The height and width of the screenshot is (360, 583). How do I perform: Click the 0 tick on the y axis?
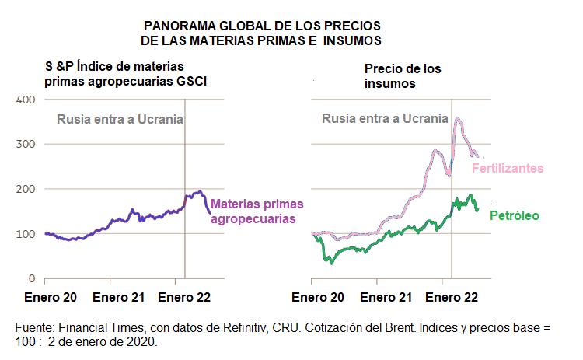click(x=32, y=278)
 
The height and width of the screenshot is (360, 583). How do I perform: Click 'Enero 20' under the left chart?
click(x=51, y=297)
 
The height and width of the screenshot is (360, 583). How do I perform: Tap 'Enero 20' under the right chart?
click(x=317, y=297)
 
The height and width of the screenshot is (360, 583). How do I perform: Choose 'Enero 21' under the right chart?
click(x=386, y=297)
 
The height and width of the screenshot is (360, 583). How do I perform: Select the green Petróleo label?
click(x=514, y=215)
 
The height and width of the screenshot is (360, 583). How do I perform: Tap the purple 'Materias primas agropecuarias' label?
click(x=257, y=211)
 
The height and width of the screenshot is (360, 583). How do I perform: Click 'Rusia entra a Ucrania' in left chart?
click(x=120, y=120)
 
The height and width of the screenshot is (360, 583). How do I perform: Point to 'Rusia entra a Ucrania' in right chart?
click(x=385, y=119)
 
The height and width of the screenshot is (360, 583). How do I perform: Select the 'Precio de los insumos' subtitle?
click(x=403, y=75)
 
